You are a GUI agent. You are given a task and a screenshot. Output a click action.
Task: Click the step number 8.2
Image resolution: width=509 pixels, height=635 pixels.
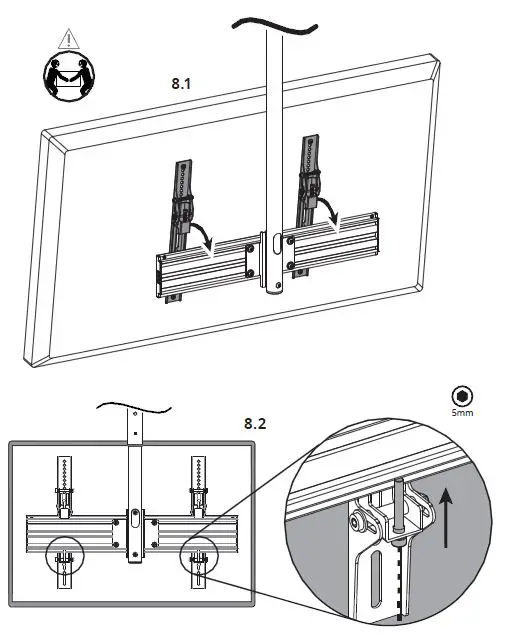point(256,423)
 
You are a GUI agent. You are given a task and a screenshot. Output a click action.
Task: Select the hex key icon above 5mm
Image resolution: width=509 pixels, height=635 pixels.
point(462,395)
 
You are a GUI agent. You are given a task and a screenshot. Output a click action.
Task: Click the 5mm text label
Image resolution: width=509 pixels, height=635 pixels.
point(462,411)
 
